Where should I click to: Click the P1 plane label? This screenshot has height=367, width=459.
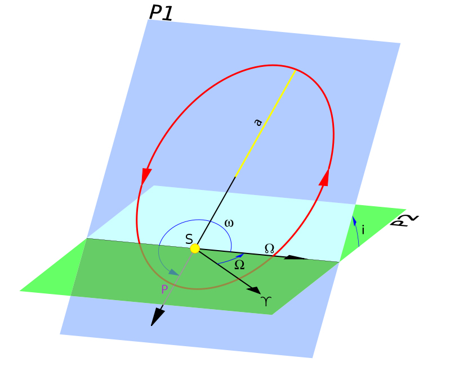click(161, 12)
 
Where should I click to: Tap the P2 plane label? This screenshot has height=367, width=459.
click(407, 220)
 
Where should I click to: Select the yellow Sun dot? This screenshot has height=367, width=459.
click(195, 248)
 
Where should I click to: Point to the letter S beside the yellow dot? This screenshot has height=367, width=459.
click(189, 240)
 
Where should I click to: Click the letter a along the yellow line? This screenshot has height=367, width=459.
click(258, 122)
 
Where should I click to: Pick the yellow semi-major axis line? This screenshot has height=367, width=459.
click(265, 124)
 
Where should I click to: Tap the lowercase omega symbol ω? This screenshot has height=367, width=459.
click(229, 223)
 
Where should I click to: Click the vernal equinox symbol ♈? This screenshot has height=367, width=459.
click(266, 302)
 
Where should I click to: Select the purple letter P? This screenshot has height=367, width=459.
click(164, 290)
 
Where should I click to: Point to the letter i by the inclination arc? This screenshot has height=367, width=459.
click(363, 230)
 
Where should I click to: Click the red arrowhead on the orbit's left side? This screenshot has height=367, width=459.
click(146, 175)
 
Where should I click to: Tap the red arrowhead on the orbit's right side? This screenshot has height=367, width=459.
click(324, 177)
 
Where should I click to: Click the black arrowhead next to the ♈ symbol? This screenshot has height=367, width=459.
click(254, 289)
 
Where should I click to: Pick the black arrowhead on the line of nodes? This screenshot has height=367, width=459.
click(295, 257)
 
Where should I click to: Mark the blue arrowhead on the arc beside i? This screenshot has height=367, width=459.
click(354, 219)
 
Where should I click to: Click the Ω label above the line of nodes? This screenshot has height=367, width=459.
click(269, 248)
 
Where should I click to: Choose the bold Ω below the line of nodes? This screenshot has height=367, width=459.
click(239, 265)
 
